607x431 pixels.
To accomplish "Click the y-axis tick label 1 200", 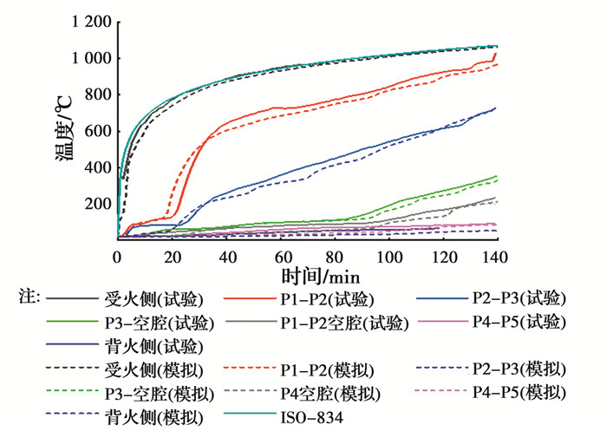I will [88, 22].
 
